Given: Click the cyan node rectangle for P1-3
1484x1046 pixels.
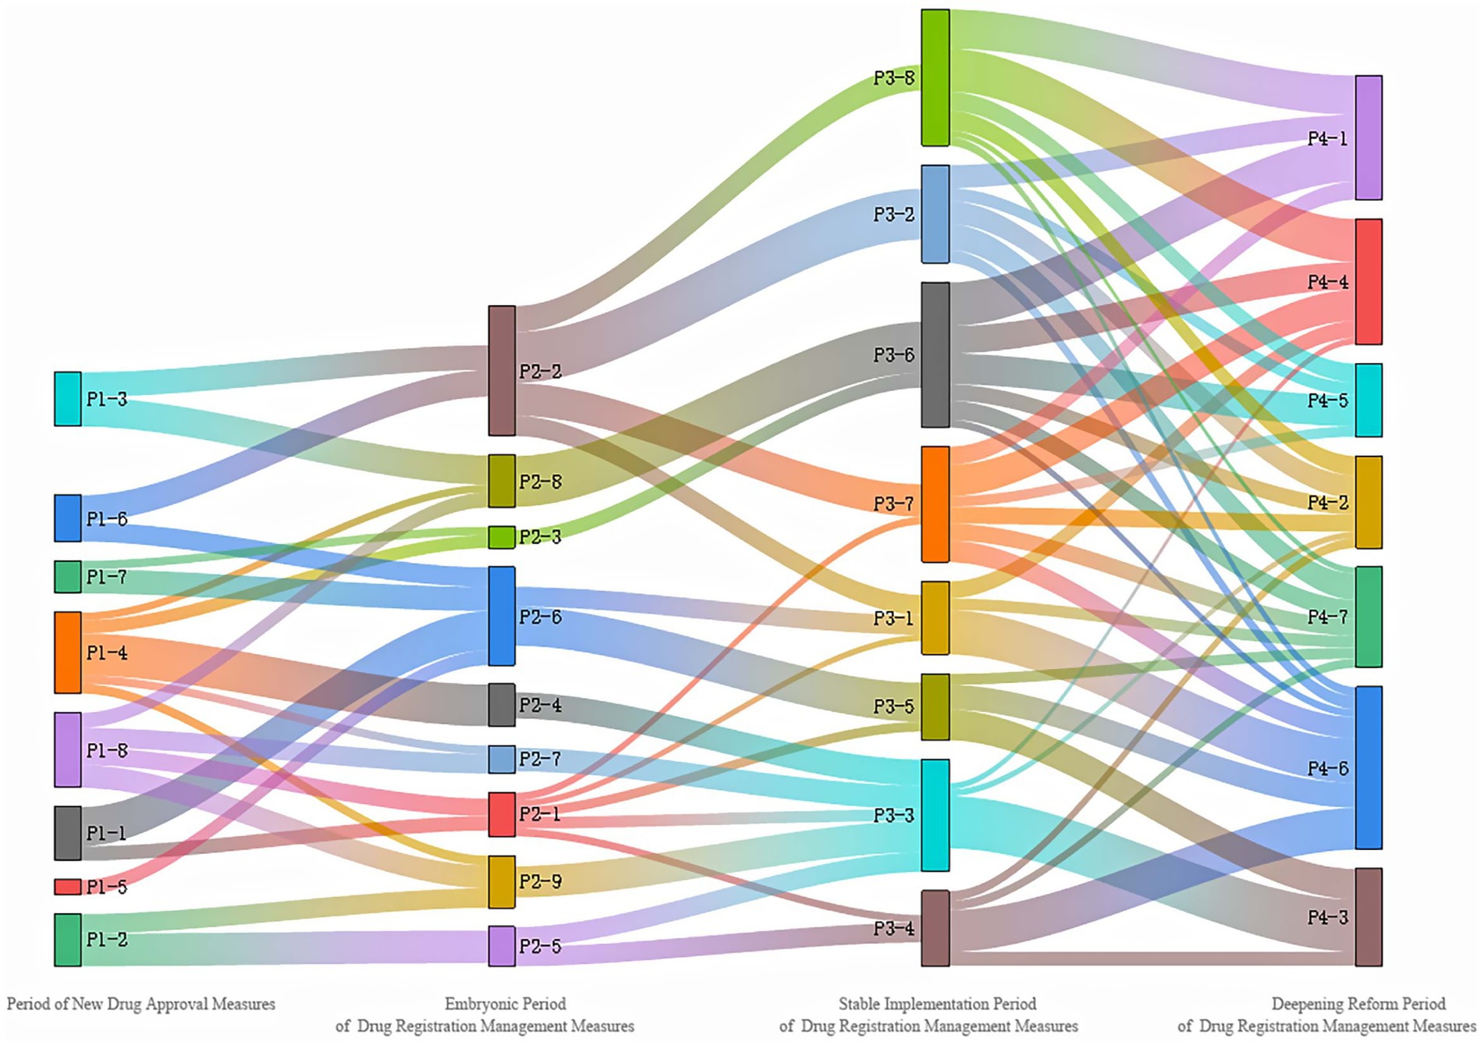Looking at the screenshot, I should pos(68,399).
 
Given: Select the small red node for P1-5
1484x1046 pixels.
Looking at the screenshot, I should pos(68,887).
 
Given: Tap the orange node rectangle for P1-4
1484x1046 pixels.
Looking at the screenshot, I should pos(68,653).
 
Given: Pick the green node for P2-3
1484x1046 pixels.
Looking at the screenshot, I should pos(502,537).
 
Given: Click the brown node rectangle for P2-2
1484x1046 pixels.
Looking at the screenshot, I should pos(502,370).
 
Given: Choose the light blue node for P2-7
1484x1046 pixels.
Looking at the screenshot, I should pos(502,759).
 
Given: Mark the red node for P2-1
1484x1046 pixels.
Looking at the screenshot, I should pos(502,814).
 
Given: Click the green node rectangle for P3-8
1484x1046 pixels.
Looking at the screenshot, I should pos(935,77).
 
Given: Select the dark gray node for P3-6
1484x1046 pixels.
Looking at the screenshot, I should pos(935,354).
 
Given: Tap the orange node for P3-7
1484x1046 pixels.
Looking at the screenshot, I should pos(935,504).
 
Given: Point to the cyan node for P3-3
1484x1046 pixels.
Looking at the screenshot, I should pos(935,815).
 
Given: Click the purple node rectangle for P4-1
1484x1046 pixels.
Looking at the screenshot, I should pos(1369,137).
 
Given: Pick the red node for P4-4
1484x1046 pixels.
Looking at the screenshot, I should pos(1369,282).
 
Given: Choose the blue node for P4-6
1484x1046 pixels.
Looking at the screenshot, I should pos(1369,767).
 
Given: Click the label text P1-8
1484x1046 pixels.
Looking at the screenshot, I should pos(107,751).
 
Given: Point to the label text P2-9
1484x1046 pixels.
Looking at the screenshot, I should pos(540,882).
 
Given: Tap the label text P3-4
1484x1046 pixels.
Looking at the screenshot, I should pos(893,929).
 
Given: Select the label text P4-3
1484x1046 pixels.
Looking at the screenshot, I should pos(1327,917).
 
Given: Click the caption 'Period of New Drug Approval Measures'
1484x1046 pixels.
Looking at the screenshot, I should pos(141,1004).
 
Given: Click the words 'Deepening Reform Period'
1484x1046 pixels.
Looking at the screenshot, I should pos(1358,1004).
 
